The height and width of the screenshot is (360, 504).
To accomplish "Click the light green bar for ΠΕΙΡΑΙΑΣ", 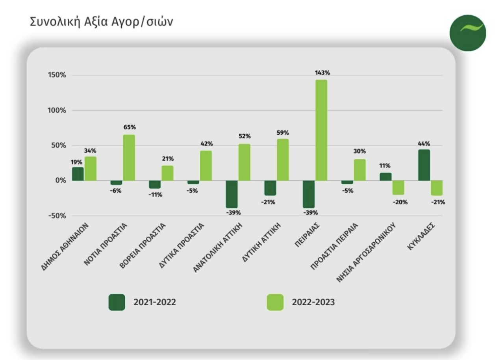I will (x=321, y=130).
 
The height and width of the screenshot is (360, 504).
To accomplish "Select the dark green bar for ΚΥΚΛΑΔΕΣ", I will (x=424, y=165).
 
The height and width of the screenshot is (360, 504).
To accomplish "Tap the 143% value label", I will (x=322, y=72).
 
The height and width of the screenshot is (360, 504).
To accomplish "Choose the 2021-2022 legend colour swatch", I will (x=117, y=302).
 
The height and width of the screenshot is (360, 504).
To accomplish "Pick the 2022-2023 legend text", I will (x=313, y=302).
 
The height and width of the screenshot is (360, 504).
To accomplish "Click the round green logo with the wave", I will (x=468, y=33).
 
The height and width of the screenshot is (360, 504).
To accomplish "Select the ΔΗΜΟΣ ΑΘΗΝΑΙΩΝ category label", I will (x=66, y=247).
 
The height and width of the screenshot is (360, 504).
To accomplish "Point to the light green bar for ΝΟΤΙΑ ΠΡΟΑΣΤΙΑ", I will (x=129, y=158).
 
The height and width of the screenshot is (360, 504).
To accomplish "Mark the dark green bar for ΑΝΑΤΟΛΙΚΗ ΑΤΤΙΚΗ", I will (x=232, y=194).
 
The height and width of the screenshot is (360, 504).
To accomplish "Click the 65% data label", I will (x=130, y=127).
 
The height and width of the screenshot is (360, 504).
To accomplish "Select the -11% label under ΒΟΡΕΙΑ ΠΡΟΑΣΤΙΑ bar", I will (x=156, y=195).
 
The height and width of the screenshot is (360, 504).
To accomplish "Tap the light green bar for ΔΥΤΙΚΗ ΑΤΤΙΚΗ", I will (x=283, y=160).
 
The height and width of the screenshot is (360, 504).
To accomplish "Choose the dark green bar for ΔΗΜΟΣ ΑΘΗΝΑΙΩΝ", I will (x=78, y=174).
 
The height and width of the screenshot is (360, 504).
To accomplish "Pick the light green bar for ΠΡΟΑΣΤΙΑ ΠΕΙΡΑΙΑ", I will (x=359, y=170).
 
